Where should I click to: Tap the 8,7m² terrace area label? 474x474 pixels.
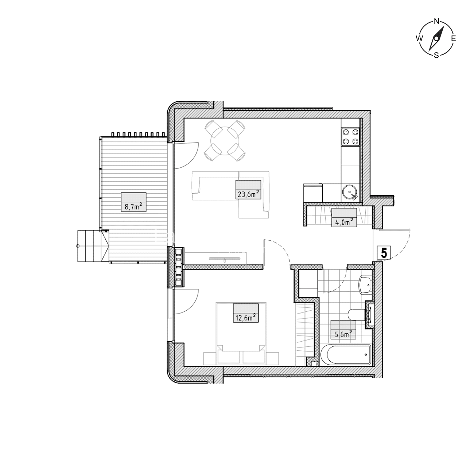click(x=133, y=202)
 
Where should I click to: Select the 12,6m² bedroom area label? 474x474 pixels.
click(x=246, y=313)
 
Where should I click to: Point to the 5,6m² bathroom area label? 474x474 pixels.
click(x=343, y=330)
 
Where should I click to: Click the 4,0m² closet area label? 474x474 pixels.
click(x=344, y=217)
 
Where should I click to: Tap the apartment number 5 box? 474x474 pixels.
click(x=384, y=253)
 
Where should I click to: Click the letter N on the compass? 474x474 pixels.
click(x=436, y=21)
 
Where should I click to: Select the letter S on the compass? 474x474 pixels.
click(x=436, y=55)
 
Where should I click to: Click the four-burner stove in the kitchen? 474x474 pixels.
click(x=350, y=137)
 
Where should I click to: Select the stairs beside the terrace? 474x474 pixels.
click(x=93, y=246)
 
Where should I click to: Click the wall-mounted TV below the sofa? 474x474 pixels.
click(x=224, y=258)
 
